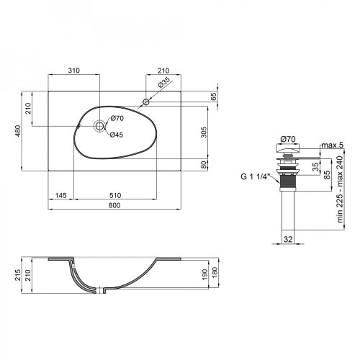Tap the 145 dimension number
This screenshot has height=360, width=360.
61,194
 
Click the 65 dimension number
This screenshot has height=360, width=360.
214,96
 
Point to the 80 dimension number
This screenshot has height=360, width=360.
204,163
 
